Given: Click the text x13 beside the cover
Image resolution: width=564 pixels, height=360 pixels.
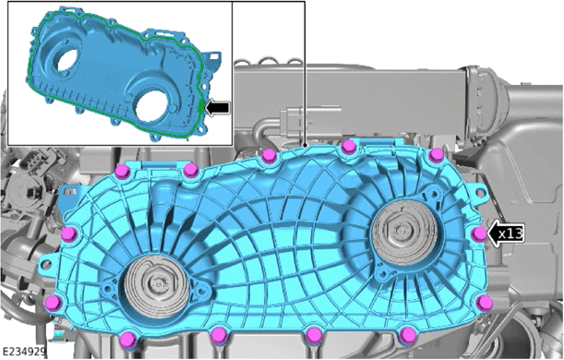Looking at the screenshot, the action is pyautogui.click(x=510, y=234).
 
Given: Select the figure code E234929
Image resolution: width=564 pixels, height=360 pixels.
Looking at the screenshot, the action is pyautogui.click(x=24, y=352).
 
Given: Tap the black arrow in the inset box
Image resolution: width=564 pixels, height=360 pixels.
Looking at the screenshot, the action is pyautogui.click(x=217, y=107).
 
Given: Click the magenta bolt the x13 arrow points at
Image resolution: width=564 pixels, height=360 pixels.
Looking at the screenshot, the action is pyautogui.click(x=479, y=234).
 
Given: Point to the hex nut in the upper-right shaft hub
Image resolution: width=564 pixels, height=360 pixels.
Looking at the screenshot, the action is pyautogui.click(x=400, y=229).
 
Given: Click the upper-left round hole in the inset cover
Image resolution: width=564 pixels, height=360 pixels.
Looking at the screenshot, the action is pyautogui.click(x=66, y=61).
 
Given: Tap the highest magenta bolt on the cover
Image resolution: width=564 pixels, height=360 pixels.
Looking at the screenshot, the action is pyautogui.click(x=348, y=147).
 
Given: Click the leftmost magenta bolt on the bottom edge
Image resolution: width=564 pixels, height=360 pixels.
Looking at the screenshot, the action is pyautogui.click(x=127, y=340).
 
